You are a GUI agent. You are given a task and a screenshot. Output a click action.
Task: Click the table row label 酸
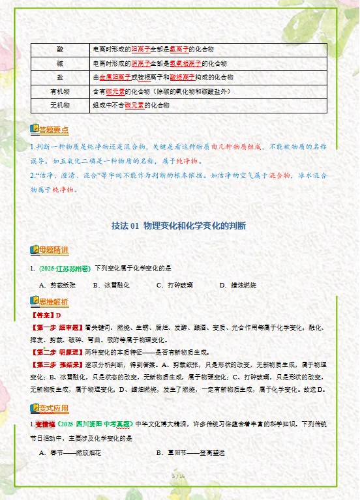pyautogui.click(x=60, y=50)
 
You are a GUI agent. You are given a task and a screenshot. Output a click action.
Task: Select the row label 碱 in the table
pyautogui.click(x=60, y=63)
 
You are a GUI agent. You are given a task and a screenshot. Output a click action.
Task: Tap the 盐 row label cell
pyautogui.click(x=60, y=77)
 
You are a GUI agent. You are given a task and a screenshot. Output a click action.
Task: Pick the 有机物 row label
pyautogui.click(x=60, y=91)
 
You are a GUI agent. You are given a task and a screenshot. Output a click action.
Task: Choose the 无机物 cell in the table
pyautogui.click(x=60, y=105)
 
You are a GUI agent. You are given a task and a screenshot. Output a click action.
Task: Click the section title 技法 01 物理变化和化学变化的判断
pyautogui.click(x=179, y=226)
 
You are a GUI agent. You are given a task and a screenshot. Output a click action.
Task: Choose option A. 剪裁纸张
pyautogui.click(x=58, y=286)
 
